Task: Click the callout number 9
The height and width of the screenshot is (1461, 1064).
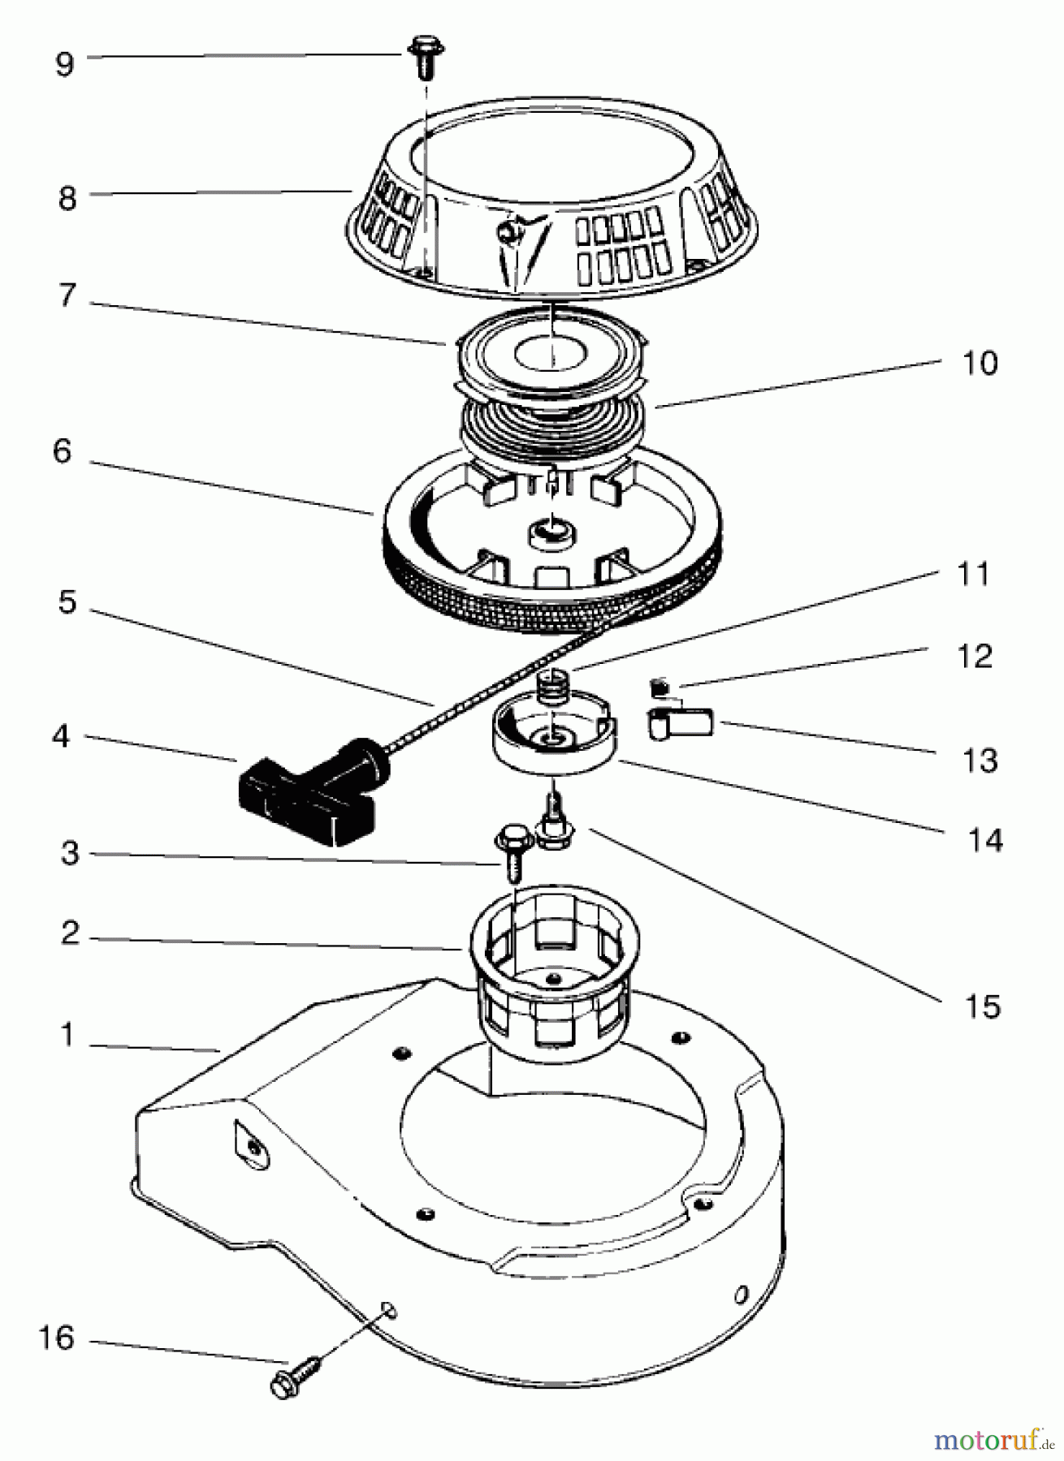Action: [x=65, y=64]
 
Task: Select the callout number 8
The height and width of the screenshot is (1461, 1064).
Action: [x=67, y=197]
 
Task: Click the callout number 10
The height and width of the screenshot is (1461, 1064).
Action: [x=980, y=363]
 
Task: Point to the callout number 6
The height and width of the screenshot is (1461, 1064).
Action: [x=63, y=452]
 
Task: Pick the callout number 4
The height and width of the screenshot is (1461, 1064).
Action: [x=61, y=738]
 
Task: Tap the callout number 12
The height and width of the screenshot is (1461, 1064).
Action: [x=975, y=657]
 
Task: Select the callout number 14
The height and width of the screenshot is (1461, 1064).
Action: [x=984, y=840]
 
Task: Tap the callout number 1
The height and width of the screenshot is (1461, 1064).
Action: [x=67, y=1036]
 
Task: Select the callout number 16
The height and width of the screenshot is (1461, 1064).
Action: [x=56, y=1338]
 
